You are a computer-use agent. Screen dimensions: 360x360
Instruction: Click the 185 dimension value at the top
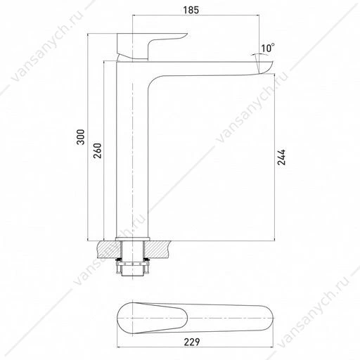[x=191, y=10]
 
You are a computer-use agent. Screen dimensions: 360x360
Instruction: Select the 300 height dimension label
[x=81, y=137]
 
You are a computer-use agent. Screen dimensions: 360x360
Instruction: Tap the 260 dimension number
[x=97, y=150]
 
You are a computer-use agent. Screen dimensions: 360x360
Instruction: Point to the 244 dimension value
[x=281, y=157]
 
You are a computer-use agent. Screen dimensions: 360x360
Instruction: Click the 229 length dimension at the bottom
[x=192, y=342]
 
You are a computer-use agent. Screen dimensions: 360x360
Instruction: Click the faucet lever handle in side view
[x=150, y=46]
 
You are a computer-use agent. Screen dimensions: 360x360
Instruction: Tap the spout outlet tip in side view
[x=266, y=67]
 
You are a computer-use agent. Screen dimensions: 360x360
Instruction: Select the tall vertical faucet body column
[x=132, y=150]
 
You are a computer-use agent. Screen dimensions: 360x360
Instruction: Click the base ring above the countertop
[x=132, y=239]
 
